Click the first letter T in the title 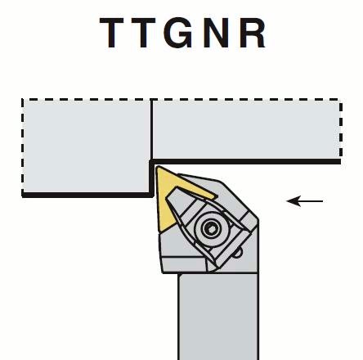(x=112, y=33)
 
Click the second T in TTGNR (x=143, y=33)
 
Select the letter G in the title (x=179, y=33)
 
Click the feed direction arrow (x=305, y=201)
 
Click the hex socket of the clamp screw (x=211, y=228)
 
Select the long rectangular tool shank (x=218, y=317)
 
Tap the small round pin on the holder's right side (x=239, y=253)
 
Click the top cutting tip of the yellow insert (x=157, y=167)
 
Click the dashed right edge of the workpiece (x=341, y=128)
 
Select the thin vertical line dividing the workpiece (x=151, y=129)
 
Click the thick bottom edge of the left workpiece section (x=87, y=195)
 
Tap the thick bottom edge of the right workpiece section (x=246, y=162)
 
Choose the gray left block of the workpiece (x=87, y=146)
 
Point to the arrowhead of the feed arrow (x=293, y=201)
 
